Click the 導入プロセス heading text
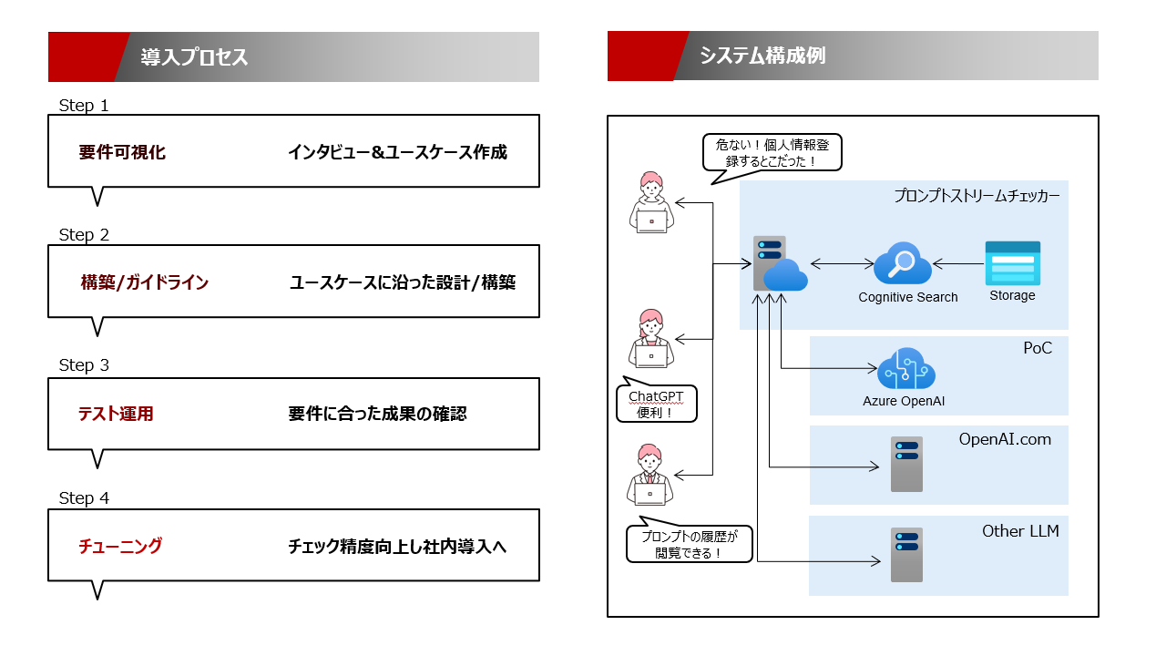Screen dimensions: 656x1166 pyautogui.click(x=194, y=57)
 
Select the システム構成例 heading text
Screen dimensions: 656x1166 pyautogui.click(x=762, y=56)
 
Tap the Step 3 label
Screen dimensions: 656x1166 pyautogui.click(x=84, y=365)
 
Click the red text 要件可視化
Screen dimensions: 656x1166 pyautogui.click(x=122, y=152)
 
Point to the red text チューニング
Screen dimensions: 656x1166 pyautogui.click(x=120, y=546)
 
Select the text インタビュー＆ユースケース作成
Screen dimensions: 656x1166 pyautogui.click(x=397, y=152)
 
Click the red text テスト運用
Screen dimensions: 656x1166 pyautogui.click(x=116, y=414)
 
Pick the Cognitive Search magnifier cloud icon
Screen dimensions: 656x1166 pyautogui.click(x=902, y=264)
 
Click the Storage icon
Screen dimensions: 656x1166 pyautogui.click(x=1012, y=263)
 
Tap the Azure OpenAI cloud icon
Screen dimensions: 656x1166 pyautogui.click(x=906, y=369)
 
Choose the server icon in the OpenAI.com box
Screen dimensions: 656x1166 pyautogui.click(x=906, y=464)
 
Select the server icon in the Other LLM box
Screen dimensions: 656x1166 pyautogui.click(x=906, y=554)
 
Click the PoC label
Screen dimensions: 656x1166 pyautogui.click(x=1038, y=348)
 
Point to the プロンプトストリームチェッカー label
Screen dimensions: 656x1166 pyautogui.click(x=977, y=195)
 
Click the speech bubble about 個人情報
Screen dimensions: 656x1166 pyautogui.click(x=772, y=152)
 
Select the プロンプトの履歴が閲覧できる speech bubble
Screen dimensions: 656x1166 pyautogui.click(x=690, y=545)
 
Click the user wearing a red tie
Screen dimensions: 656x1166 pyautogui.click(x=650, y=474)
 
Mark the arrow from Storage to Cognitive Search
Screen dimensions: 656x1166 pyautogui.click(x=958, y=264)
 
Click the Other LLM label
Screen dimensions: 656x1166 pyautogui.click(x=1020, y=530)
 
